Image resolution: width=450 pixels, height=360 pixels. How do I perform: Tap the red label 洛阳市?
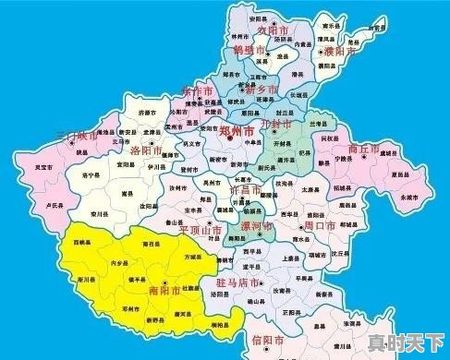tap(147, 150)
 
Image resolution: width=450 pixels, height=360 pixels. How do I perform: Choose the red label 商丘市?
tap(365, 148)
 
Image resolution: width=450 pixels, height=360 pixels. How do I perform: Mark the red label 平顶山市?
tap(201, 229)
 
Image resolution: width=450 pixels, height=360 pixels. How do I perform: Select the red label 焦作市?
tap(197, 92)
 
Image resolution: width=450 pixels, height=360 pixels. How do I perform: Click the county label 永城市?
tap(409, 198)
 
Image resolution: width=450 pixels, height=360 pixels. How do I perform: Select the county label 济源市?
tap(147, 112)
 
